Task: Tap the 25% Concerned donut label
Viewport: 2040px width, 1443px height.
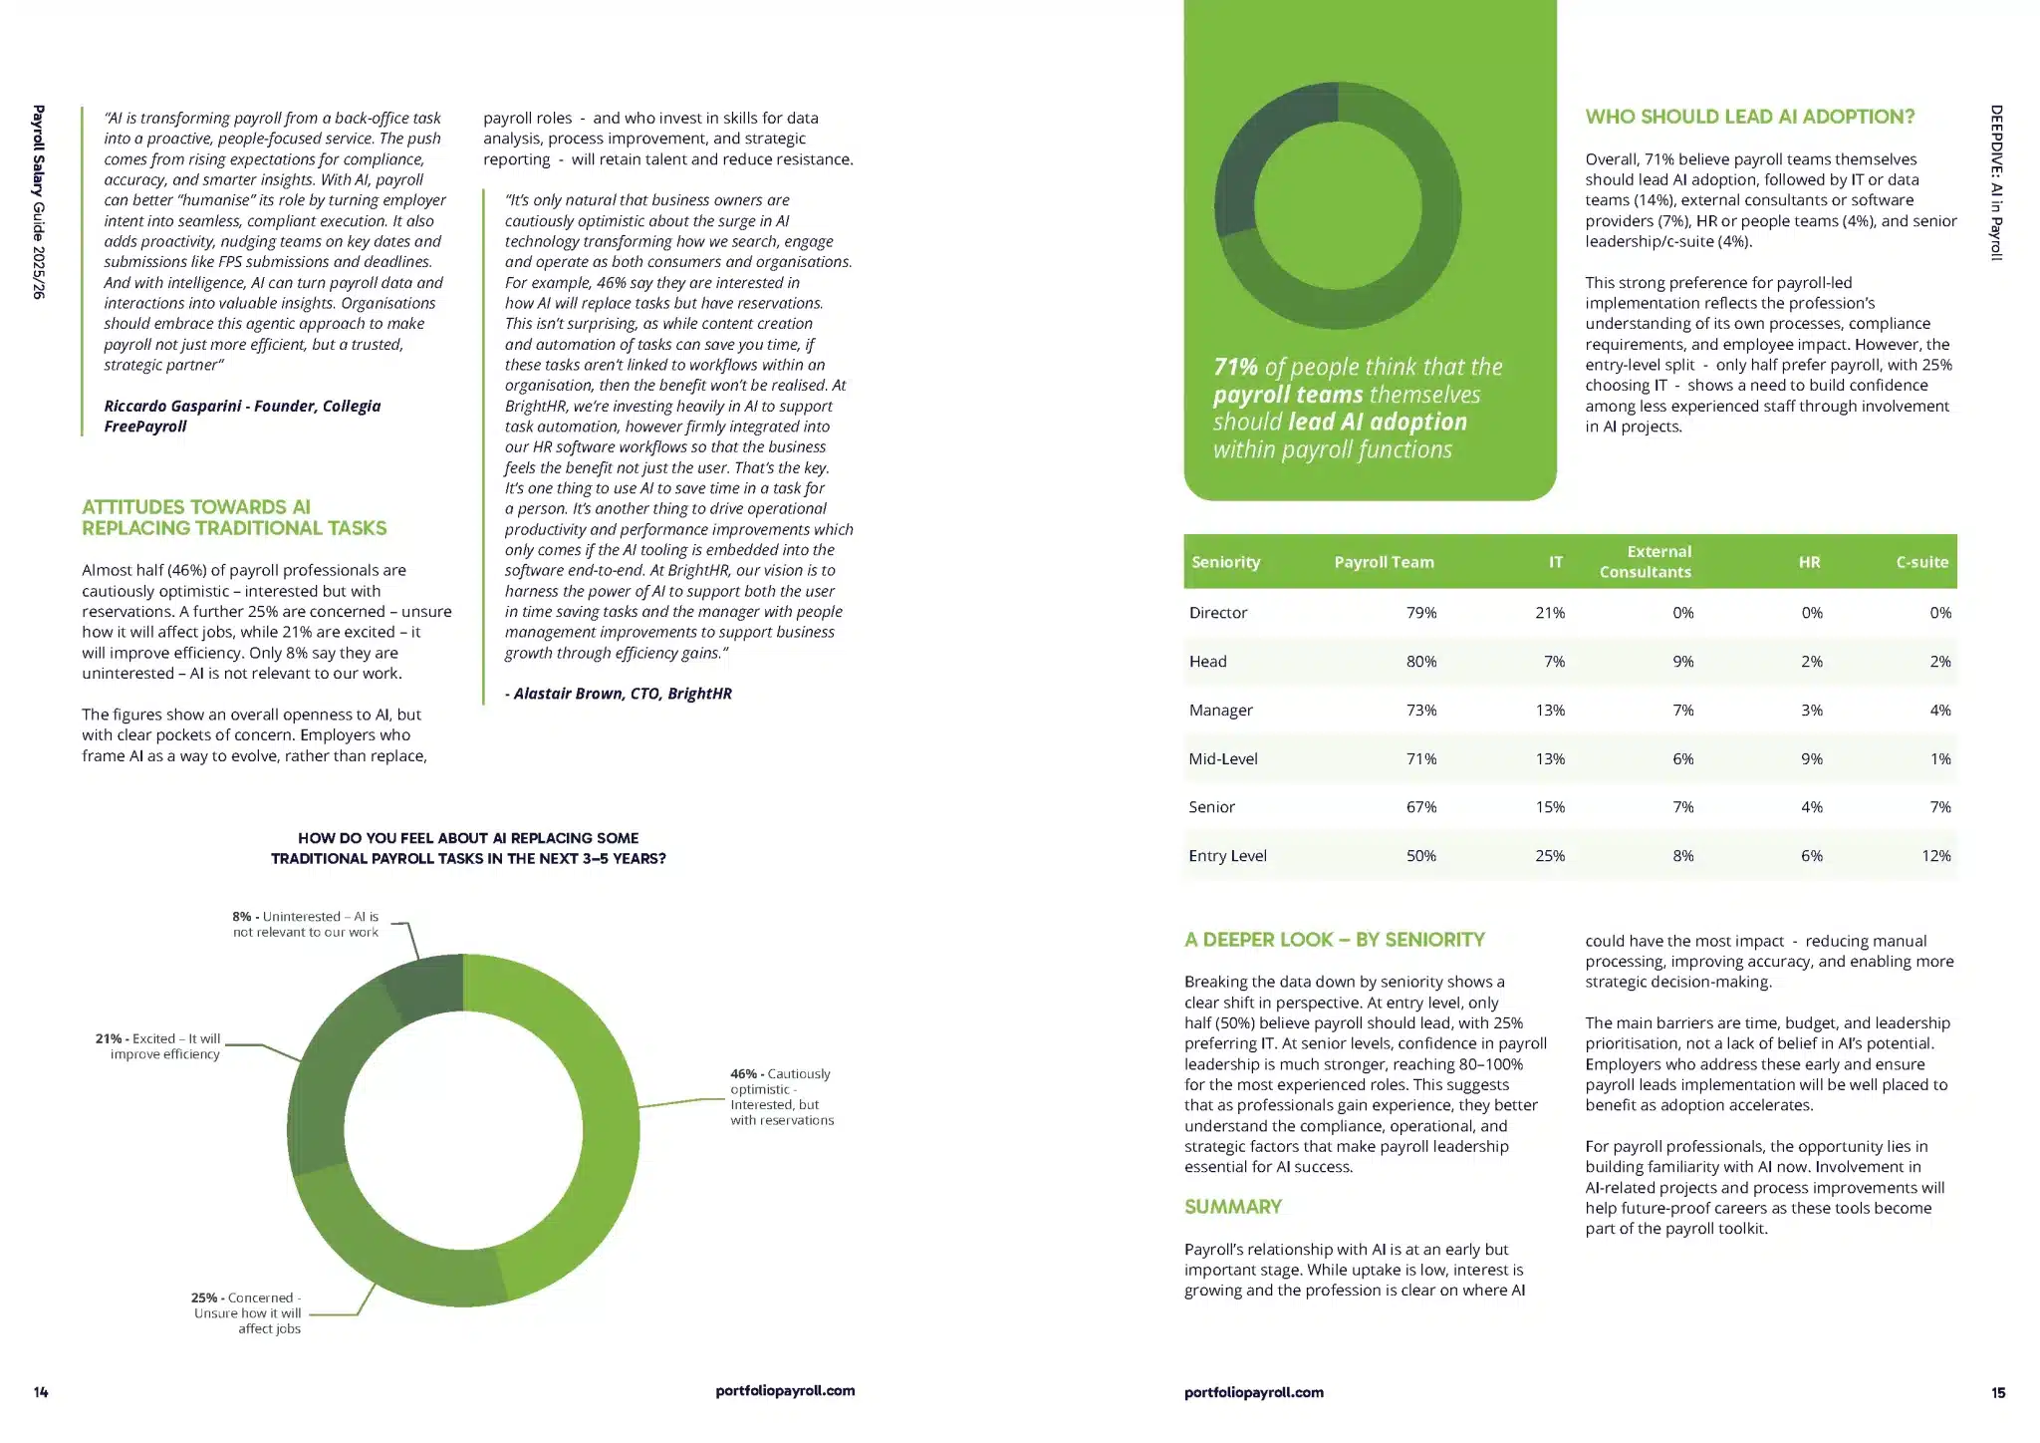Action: click(x=247, y=1312)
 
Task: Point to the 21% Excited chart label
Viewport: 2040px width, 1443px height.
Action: click(x=158, y=1046)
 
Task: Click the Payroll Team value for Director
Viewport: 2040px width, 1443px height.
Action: click(x=1421, y=613)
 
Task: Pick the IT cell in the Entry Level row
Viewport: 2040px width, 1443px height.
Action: click(x=1549, y=856)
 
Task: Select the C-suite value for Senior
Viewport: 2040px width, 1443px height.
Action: click(x=1939, y=807)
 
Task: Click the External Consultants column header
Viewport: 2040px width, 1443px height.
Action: click(x=1646, y=562)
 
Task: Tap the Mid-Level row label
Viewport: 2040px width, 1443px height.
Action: click(x=1223, y=759)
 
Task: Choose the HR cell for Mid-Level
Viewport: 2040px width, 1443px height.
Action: click(x=1811, y=759)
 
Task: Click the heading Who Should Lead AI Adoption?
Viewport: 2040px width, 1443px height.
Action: click(x=1749, y=117)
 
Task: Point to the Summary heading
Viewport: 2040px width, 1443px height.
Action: click(x=1232, y=1207)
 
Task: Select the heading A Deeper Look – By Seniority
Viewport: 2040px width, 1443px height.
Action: click(x=1334, y=940)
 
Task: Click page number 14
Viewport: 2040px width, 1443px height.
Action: click(x=41, y=1392)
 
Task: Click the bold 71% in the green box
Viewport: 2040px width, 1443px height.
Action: click(x=1235, y=367)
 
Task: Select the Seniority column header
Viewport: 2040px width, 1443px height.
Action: click(x=1225, y=562)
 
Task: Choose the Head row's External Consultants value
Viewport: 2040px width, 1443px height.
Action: click(x=1682, y=662)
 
